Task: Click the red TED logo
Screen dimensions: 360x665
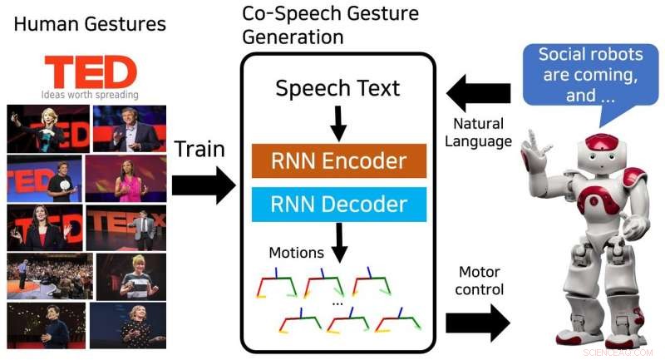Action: coord(90,72)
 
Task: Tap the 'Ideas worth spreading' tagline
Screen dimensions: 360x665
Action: coord(90,95)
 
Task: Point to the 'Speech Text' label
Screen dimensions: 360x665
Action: coord(337,89)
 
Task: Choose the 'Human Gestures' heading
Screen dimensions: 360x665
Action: coord(90,23)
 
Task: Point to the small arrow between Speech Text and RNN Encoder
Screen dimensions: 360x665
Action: coord(337,125)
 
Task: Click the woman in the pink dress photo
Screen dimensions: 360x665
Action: coord(126,178)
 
